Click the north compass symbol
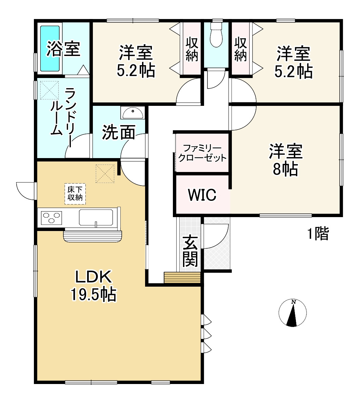pyautogui.click(x=293, y=313)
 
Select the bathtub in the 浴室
pyautogui.click(x=50, y=48)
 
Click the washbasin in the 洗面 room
pyautogui.click(x=133, y=113)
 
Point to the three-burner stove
pyautogui.click(x=52, y=217)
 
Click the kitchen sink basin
pyautogui.click(x=96, y=217)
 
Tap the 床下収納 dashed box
pyautogui.click(x=75, y=194)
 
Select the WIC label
pyautogui.click(x=202, y=195)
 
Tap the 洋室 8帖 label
pyautogui.click(x=285, y=160)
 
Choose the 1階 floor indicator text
pyautogui.click(x=318, y=234)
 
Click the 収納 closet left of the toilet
pyautogui.click(x=192, y=49)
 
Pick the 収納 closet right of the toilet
pyautogui.click(x=240, y=49)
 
